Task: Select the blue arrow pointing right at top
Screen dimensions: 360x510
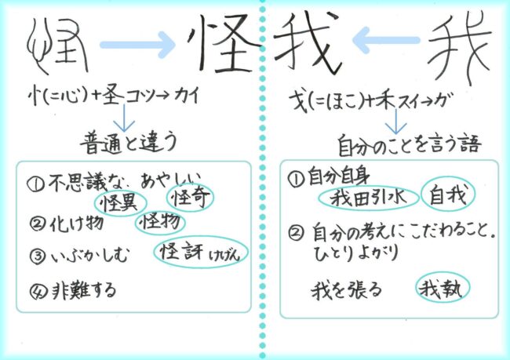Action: [x=139, y=45]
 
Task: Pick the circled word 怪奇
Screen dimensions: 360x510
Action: [x=191, y=197]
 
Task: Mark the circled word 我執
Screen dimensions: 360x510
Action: [x=443, y=289]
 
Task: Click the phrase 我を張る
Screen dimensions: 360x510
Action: [x=347, y=290]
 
